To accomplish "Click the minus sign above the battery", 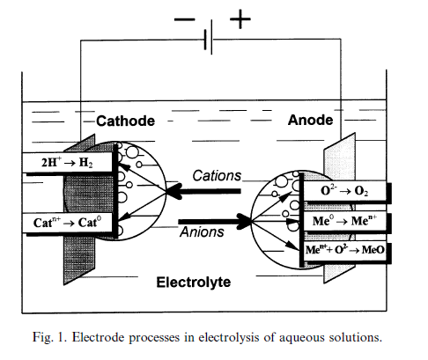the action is click(x=184, y=19).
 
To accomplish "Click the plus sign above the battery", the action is click(x=240, y=19).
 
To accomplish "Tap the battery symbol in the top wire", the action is click(x=209, y=38).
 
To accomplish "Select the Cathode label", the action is click(x=125, y=121).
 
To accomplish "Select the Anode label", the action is click(x=310, y=120).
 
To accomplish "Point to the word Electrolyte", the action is click(x=194, y=283).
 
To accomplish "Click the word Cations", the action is click(x=217, y=176).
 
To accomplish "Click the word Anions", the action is click(x=202, y=231).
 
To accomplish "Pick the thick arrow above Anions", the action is click(x=215, y=222).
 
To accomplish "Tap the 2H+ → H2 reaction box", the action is click(x=67, y=162).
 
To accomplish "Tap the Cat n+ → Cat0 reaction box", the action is click(x=67, y=223).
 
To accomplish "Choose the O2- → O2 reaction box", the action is click(x=344, y=191).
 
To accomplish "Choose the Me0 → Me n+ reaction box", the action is click(x=344, y=221).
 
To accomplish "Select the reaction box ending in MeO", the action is click(x=344, y=250).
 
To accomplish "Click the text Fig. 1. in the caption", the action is click(x=49, y=337).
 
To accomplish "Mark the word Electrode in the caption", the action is click(x=98, y=337).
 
